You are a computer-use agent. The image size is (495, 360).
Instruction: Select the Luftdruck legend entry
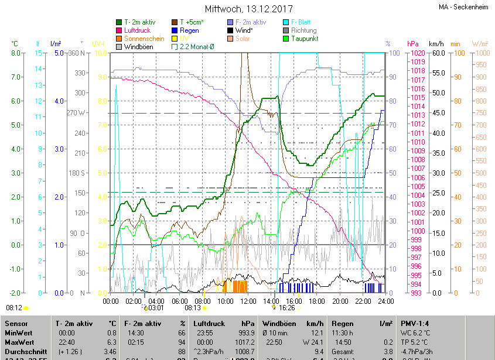(x=138, y=30)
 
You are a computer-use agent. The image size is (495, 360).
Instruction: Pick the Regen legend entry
(x=189, y=30)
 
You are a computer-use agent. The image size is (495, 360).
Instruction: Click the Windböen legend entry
(x=138, y=47)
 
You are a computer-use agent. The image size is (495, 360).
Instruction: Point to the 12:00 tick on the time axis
(x=248, y=301)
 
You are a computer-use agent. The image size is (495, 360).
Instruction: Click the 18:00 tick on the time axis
(x=317, y=301)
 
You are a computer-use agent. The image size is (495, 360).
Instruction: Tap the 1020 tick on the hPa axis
(x=418, y=53)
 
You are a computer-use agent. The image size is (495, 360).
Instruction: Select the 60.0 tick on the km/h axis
(x=436, y=53)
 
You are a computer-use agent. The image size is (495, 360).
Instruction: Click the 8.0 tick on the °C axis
(x=16, y=53)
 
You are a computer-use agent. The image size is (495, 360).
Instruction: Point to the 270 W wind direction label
(x=77, y=113)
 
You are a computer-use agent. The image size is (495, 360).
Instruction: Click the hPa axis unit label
(x=413, y=44)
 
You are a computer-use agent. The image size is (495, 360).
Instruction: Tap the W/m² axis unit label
(x=480, y=44)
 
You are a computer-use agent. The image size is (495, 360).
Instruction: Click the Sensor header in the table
(x=15, y=323)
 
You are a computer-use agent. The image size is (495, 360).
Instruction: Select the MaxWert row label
(x=19, y=342)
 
